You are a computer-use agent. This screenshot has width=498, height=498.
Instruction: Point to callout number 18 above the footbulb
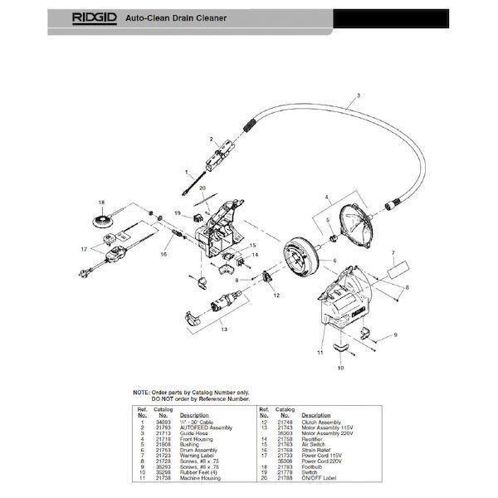point(101,203)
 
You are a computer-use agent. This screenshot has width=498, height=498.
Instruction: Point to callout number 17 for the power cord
point(83,249)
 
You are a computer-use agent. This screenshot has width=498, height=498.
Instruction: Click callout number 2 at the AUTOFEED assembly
point(212,138)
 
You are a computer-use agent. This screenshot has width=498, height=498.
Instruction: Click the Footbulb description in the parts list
point(312,466)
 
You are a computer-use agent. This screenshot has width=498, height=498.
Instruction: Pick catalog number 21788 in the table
point(284,477)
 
